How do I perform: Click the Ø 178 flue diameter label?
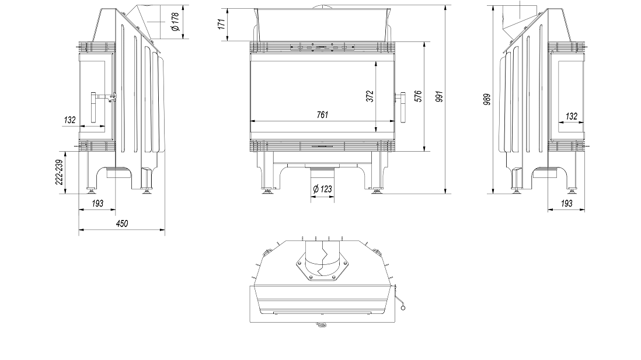(x=175, y=22)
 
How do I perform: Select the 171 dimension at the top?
(x=222, y=24)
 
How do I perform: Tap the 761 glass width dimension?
(x=323, y=115)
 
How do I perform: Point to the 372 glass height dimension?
(x=370, y=96)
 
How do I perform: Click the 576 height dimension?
(x=418, y=96)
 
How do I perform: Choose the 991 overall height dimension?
(x=440, y=96)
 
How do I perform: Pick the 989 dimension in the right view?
(x=486, y=99)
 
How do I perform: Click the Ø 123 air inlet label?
(x=323, y=189)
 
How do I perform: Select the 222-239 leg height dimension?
(x=60, y=172)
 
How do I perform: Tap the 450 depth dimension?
(x=122, y=223)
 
